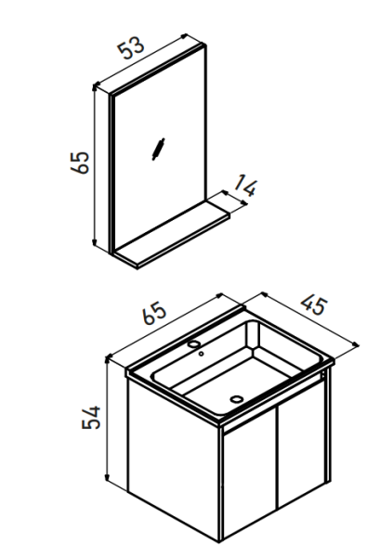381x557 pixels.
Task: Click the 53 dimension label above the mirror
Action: pos(132,47)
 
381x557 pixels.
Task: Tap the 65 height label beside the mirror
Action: pos(80,162)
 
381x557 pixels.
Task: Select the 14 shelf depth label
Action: pos(246,185)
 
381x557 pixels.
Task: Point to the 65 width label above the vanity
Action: pos(154,313)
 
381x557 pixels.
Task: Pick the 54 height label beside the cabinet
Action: pos(91,417)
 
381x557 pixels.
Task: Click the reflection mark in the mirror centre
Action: pos(158,149)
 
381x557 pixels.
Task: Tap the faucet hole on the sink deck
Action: pos(194,343)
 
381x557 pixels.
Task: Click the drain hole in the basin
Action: pos(236,399)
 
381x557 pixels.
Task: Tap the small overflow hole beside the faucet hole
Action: pos(201,354)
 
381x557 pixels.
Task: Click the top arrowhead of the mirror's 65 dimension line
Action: pos(95,86)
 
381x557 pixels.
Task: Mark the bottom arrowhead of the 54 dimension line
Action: pos(107,477)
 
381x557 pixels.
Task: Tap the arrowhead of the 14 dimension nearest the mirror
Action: pos(225,192)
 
